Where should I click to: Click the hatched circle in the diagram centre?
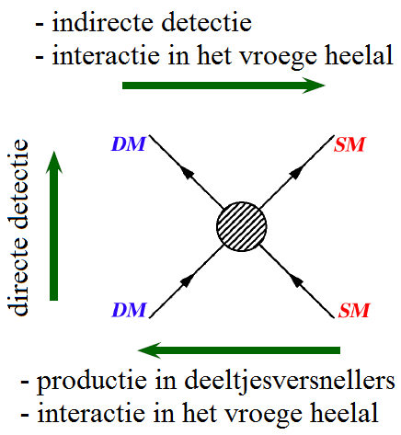point(242,226)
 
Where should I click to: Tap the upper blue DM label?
point(129,144)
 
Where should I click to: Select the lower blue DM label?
point(129,310)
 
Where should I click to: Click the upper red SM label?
point(349,144)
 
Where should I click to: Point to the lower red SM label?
point(354,310)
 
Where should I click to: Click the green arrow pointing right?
point(223,86)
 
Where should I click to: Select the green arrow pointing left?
point(239,350)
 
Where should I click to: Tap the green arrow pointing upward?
point(53,225)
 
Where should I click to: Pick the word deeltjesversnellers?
point(290,381)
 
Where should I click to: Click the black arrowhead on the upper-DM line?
point(188,173)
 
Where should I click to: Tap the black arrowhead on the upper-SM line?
point(297,172)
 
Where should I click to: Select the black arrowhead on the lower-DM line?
point(188,280)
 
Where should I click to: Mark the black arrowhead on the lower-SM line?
point(296,280)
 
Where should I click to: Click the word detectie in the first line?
point(207,22)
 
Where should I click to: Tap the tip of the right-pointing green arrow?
point(326,86)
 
